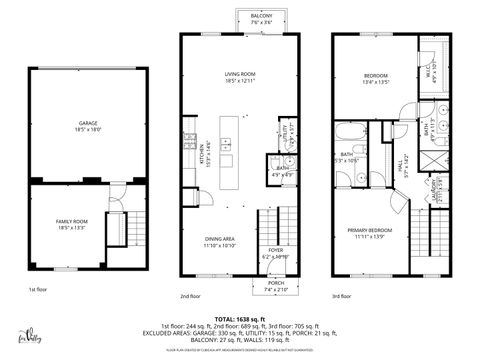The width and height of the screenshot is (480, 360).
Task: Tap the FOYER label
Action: [274, 253]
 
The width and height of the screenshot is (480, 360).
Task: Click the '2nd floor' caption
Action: [191, 296]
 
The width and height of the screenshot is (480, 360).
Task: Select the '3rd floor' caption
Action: [342, 296]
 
